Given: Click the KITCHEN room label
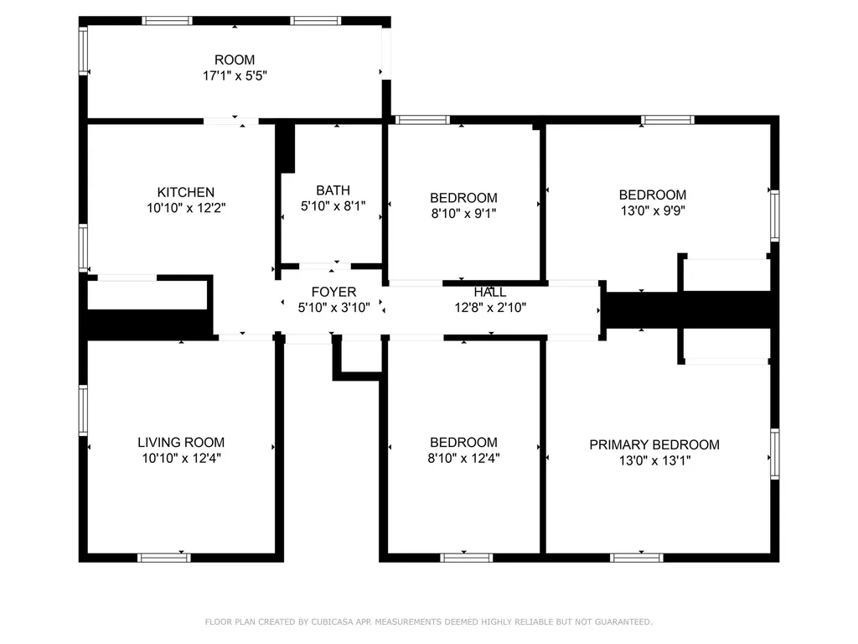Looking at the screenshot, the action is (185, 192).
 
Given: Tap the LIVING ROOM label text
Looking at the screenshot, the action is (181, 443).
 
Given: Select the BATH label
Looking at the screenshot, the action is (333, 190).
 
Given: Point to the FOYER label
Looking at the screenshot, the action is (333, 292).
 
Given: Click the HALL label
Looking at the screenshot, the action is (490, 292).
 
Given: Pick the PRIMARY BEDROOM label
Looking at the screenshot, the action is (654, 444).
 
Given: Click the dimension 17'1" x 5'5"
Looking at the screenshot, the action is (235, 75).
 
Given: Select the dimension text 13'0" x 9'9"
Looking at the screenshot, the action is (653, 210).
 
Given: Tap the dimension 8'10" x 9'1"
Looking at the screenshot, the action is (463, 213).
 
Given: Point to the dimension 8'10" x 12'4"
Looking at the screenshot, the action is (463, 458).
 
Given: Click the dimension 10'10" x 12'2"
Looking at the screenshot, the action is (186, 208).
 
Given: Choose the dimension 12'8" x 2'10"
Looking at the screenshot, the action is (490, 307).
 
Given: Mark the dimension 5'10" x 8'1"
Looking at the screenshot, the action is (333, 206).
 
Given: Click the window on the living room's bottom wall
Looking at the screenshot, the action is (164, 558).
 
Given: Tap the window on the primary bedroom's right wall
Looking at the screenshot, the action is (775, 454).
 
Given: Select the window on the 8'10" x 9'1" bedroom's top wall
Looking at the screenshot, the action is (422, 120).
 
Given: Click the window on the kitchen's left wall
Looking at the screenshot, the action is (83, 247).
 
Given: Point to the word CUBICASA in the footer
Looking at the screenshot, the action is (332, 621).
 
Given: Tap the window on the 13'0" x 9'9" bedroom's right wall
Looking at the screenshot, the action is (775, 216).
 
